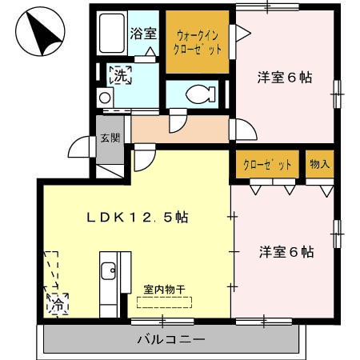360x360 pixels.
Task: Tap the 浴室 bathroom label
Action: point(144,34)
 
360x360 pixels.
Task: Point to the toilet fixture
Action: point(197,94)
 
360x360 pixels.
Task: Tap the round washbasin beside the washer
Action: point(104,98)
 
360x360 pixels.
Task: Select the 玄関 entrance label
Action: point(109,137)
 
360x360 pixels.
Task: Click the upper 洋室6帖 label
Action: point(284,78)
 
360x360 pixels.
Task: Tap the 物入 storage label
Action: point(318,164)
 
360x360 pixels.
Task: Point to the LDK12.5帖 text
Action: point(137,217)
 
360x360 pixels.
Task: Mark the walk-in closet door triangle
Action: point(243,32)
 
